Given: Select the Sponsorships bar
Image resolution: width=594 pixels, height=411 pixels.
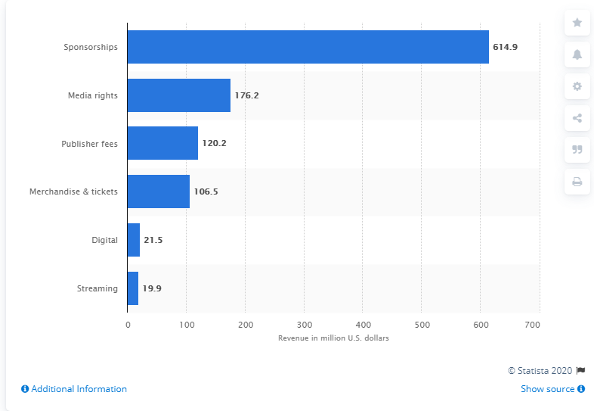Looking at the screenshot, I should [308, 47].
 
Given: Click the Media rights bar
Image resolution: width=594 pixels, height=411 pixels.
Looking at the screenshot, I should [178, 95].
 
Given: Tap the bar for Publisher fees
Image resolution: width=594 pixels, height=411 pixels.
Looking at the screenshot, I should [162, 143].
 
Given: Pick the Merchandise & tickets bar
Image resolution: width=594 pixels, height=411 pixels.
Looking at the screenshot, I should [158, 191].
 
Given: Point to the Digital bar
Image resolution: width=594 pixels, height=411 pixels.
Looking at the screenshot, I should [134, 240].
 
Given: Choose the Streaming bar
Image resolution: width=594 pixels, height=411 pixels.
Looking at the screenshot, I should [133, 288].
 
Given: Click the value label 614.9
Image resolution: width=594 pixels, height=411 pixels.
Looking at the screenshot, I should [505, 47].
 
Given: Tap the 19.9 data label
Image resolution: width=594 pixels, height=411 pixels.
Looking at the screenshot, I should [152, 288].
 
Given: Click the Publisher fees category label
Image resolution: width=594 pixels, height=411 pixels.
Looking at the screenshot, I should [90, 143].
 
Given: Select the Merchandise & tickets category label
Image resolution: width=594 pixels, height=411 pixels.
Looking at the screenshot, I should [73, 191].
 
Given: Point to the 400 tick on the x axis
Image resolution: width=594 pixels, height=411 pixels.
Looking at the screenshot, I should [363, 324].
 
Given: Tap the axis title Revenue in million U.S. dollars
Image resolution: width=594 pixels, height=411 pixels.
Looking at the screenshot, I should [333, 338].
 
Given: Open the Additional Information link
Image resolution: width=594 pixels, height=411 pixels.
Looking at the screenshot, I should [74, 389].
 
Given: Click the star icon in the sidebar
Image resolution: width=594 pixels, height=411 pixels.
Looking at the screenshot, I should [577, 23].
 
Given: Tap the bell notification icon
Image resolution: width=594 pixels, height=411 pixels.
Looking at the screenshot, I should [577, 54].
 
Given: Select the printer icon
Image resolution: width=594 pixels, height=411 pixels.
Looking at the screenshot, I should [577, 182].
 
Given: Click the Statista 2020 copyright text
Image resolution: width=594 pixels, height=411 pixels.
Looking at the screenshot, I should [541, 370].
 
